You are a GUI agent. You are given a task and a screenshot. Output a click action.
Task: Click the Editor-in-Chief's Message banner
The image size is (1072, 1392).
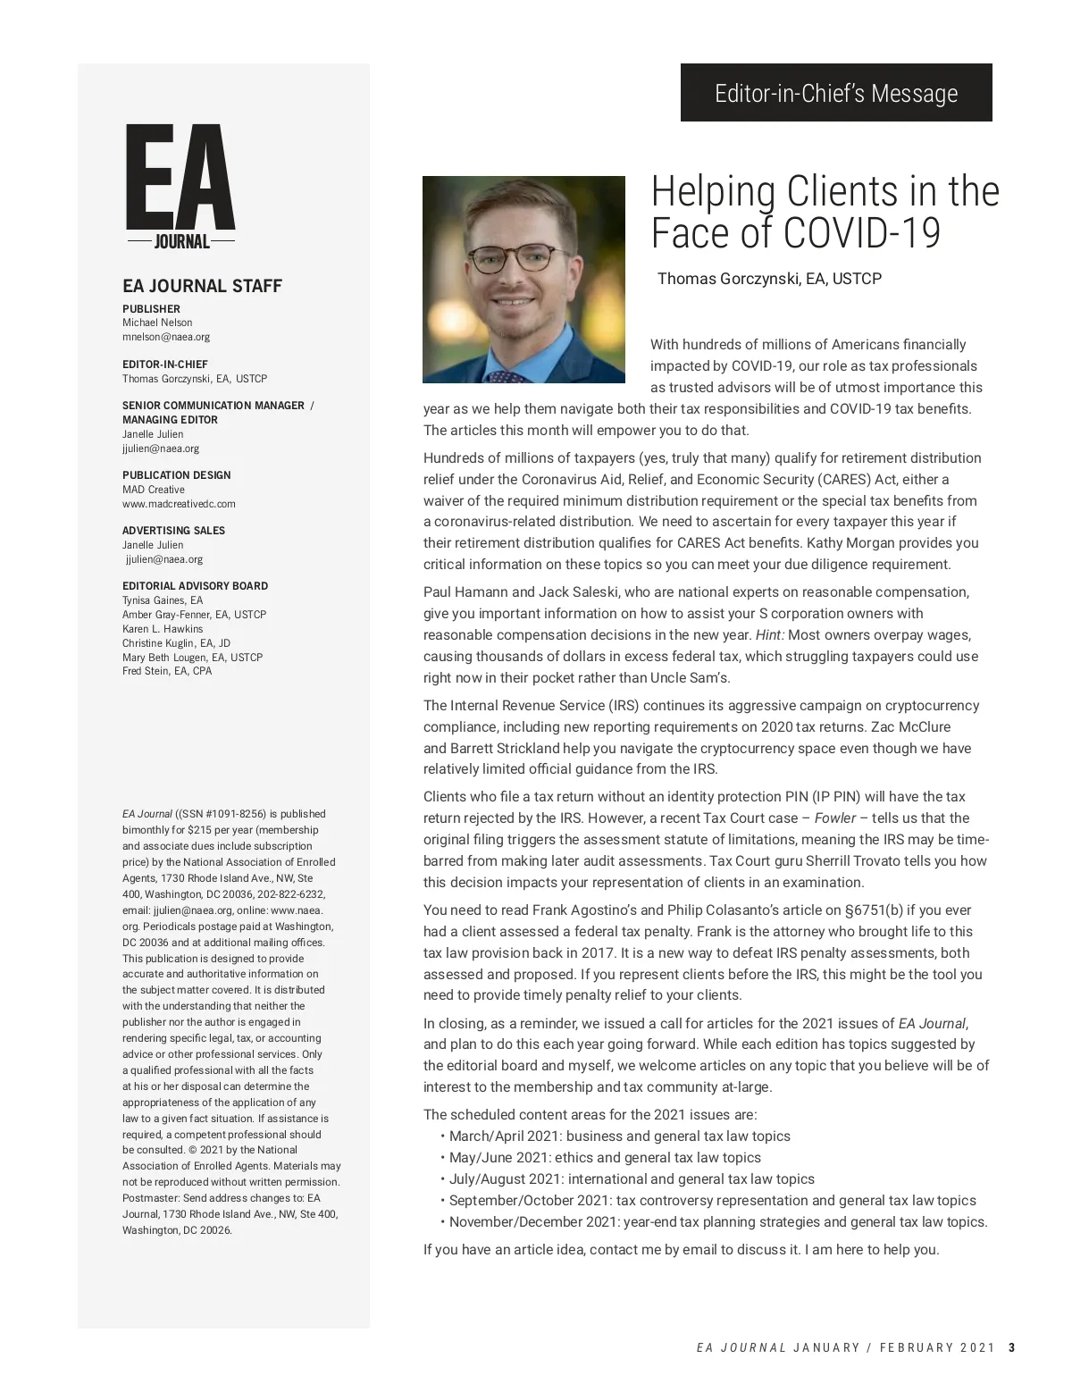(836, 93)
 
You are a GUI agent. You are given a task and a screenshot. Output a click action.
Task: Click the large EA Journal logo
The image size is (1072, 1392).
(180, 187)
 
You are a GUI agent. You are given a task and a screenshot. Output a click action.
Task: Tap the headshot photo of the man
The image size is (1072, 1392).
(523, 279)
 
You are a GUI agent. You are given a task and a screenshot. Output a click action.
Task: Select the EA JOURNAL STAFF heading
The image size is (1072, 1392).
(202, 286)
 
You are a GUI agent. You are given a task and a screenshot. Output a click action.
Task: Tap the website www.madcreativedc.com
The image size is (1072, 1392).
(179, 504)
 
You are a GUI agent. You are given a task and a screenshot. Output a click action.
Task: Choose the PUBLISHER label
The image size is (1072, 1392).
(151, 309)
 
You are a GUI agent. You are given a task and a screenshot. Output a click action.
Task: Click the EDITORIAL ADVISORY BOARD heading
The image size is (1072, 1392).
(195, 586)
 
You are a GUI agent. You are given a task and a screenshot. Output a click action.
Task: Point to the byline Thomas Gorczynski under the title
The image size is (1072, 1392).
(769, 279)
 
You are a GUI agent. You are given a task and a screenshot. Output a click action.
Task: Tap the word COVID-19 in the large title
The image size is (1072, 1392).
(862, 233)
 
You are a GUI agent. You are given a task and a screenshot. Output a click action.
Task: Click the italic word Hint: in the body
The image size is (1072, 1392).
(769, 635)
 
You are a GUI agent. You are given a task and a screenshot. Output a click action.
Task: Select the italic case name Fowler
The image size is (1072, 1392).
(835, 818)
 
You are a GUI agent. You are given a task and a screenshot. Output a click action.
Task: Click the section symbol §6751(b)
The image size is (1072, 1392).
(882, 910)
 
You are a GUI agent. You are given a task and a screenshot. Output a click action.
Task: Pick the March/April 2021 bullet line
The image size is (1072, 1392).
(619, 1136)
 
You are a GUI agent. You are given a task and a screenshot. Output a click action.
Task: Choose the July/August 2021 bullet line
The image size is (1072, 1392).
(632, 1179)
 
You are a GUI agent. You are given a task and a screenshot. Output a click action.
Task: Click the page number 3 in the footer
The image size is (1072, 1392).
(1011, 1348)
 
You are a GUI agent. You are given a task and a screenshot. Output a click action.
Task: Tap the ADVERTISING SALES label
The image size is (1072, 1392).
(173, 531)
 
